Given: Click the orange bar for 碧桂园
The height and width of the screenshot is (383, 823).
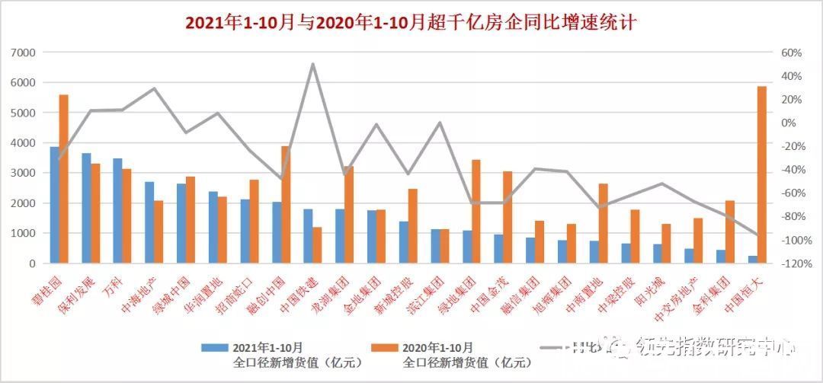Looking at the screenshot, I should click(x=64, y=179).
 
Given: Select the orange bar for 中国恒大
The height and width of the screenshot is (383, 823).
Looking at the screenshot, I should click(x=761, y=174).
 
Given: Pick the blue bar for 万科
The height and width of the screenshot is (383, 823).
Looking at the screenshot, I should click(x=117, y=211).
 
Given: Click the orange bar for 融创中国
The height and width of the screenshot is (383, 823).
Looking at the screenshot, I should click(x=285, y=204).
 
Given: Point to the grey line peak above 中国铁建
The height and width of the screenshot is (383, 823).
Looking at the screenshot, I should click(x=312, y=64).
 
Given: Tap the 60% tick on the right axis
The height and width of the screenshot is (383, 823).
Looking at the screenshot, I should click(x=791, y=53).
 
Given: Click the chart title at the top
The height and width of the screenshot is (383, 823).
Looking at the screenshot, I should click(x=411, y=23).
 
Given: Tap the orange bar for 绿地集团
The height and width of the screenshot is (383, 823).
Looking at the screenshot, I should click(x=476, y=211).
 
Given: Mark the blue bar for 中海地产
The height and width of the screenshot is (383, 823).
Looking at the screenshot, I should click(x=149, y=222).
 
